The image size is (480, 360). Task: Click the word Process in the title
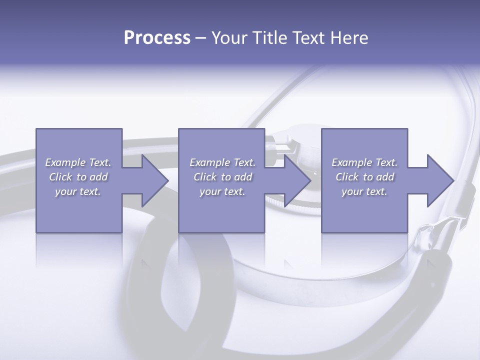(x=157, y=37)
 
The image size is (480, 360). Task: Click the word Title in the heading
(x=269, y=37)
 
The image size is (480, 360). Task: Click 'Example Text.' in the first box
(x=78, y=162)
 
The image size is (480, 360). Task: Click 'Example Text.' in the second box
(x=222, y=162)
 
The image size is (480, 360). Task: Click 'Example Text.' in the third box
(x=364, y=162)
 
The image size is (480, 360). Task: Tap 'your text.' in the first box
(x=78, y=191)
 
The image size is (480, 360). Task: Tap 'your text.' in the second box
(x=222, y=191)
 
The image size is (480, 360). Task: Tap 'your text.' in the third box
(x=364, y=191)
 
